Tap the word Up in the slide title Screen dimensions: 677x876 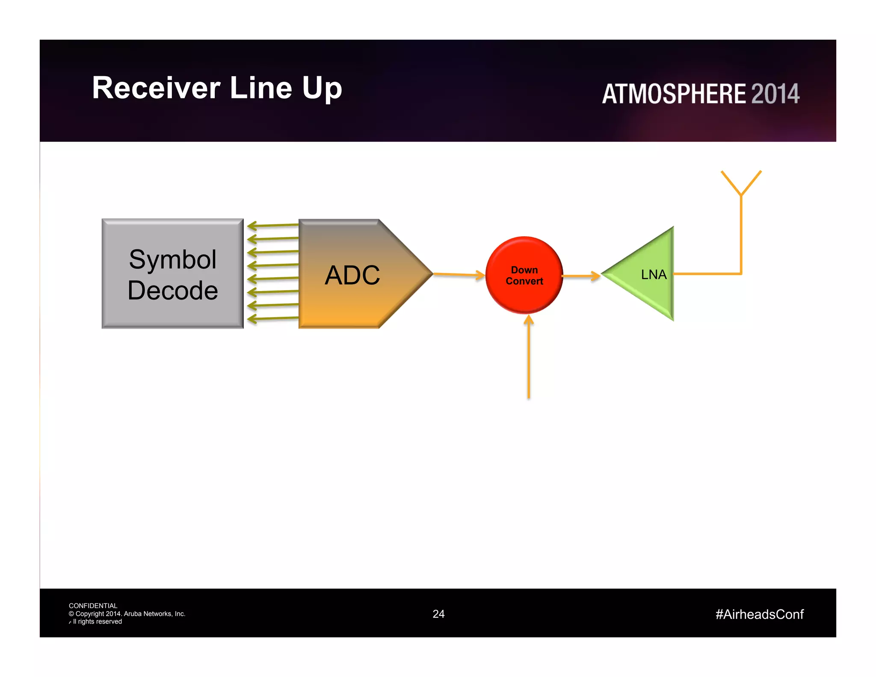(322, 89)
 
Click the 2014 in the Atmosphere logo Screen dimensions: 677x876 (775, 94)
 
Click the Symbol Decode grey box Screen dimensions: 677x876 (172, 274)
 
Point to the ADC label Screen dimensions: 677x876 (352, 275)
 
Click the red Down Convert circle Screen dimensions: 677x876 (524, 275)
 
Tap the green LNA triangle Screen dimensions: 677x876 (650, 274)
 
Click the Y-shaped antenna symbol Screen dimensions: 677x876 (741, 184)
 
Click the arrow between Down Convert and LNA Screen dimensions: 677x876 (581, 276)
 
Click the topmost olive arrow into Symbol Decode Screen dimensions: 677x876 (272, 225)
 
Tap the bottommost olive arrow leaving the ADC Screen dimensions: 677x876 (272, 318)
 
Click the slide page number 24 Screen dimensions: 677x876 (438, 614)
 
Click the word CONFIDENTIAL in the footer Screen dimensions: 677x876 (93, 606)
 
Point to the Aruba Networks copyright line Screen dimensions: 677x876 (127, 614)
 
